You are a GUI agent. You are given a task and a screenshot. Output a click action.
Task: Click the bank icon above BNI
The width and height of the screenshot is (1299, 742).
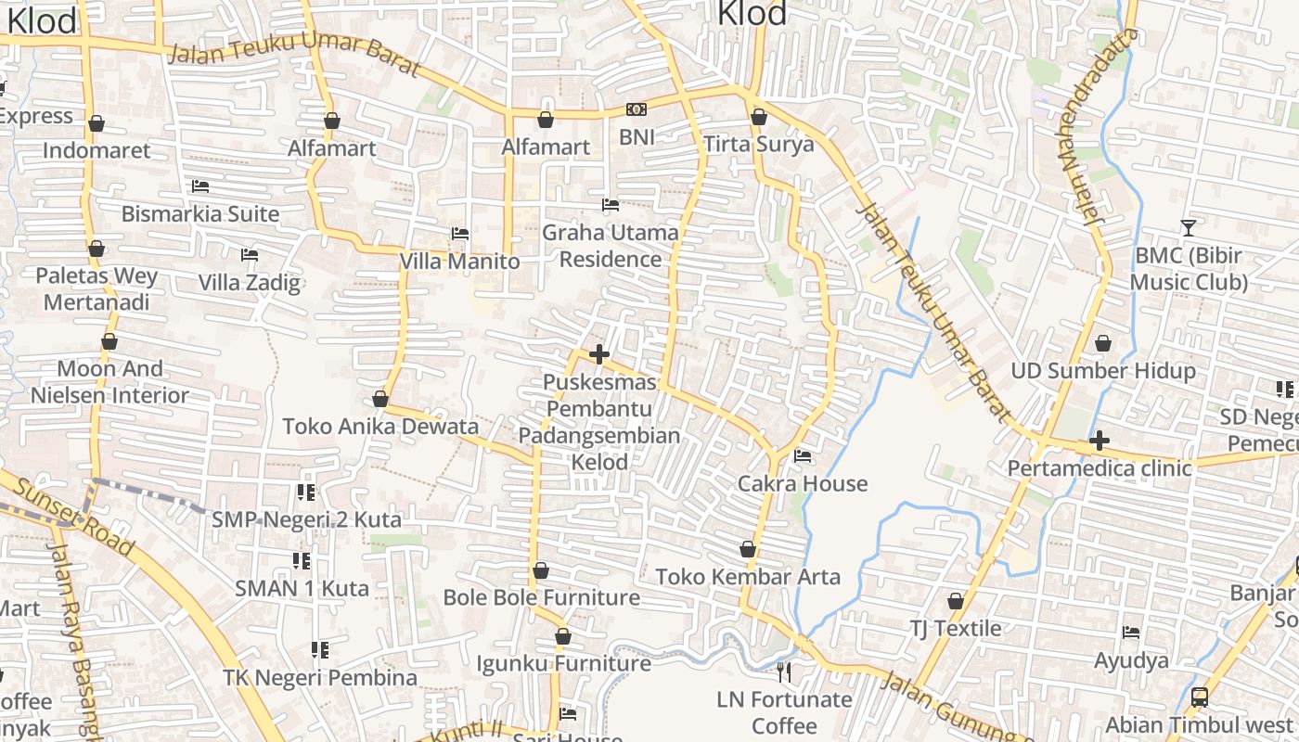[x=637, y=109]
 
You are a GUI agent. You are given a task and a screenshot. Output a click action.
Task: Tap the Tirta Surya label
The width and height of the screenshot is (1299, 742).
[x=758, y=144]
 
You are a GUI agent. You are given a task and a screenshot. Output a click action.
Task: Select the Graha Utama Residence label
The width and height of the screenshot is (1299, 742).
[x=611, y=246]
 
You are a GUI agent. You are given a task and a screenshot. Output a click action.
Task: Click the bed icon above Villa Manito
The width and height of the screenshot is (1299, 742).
[x=460, y=234]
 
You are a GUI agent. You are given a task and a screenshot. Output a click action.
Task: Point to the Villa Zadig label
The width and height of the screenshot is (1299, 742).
[x=250, y=283]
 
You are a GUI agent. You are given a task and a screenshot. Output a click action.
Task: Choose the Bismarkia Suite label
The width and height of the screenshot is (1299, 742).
[x=200, y=214]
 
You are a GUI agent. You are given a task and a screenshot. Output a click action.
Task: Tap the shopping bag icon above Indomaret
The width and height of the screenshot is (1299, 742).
[x=96, y=123]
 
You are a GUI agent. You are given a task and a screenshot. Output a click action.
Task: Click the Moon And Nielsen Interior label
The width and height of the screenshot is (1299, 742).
[x=109, y=382]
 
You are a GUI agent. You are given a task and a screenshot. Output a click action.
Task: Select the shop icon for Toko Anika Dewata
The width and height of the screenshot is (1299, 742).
[x=379, y=400]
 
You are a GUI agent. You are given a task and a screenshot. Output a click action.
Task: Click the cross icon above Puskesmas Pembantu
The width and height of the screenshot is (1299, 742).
[x=599, y=354]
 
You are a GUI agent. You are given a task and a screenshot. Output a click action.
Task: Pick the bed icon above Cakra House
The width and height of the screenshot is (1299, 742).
[x=803, y=456]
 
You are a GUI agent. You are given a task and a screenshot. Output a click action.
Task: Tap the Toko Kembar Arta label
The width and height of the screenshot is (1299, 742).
[x=748, y=577]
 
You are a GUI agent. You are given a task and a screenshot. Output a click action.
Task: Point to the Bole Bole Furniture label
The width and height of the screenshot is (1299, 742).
[x=542, y=597]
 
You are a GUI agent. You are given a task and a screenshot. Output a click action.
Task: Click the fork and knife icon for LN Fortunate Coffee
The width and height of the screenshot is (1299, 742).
[x=785, y=672]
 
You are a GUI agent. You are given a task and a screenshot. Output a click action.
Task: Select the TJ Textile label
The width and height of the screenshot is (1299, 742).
[x=955, y=629]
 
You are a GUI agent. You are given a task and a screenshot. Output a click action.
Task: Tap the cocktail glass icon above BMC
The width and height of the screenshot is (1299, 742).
[x=1188, y=227]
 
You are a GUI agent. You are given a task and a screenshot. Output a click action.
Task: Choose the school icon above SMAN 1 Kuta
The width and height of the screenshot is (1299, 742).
[x=302, y=560]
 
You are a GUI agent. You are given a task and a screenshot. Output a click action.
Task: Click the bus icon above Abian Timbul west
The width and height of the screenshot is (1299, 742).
[x=1199, y=697]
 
